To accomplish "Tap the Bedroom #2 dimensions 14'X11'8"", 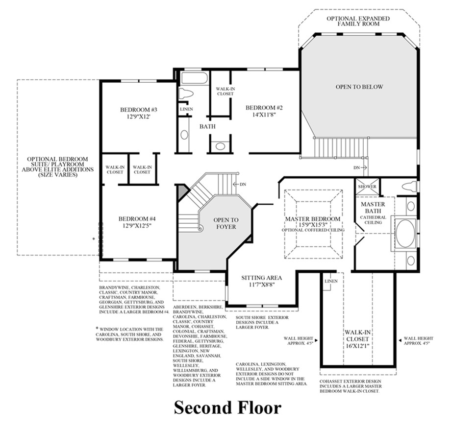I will click(264, 116).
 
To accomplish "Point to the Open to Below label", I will click(359, 87).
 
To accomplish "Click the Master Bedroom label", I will click(313, 218).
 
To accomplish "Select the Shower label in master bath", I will click(367, 187).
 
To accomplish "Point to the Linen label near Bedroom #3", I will click(186, 109).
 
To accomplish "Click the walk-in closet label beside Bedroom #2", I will click(221, 91).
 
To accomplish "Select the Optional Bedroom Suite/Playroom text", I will click(58, 167).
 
